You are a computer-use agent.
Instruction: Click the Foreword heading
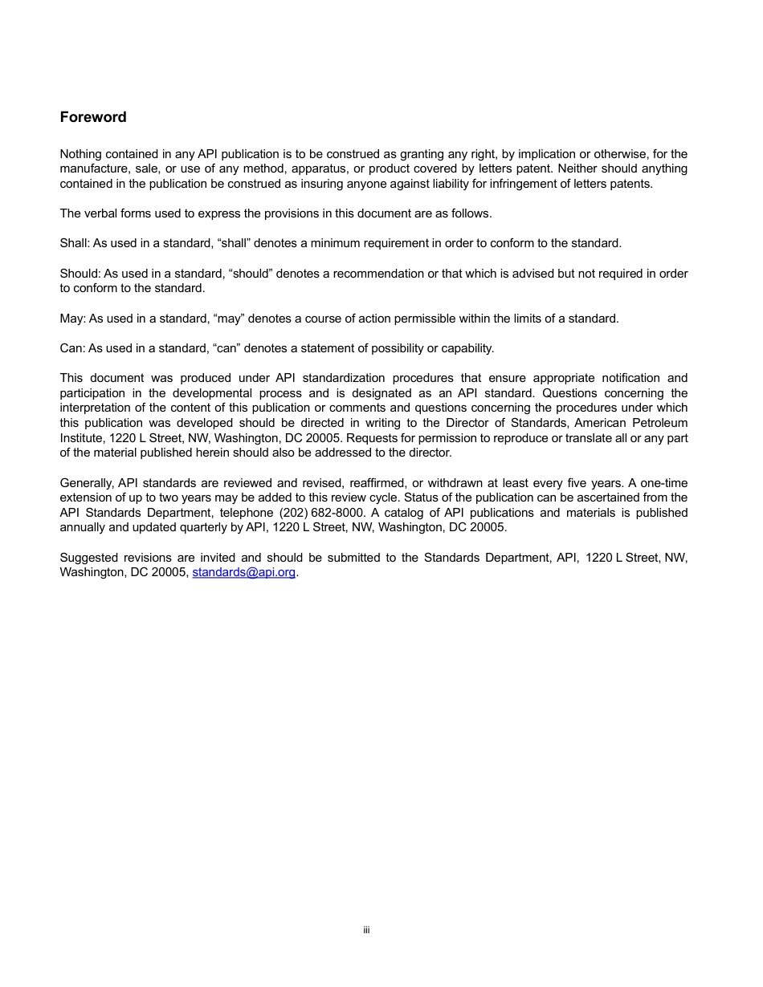93,117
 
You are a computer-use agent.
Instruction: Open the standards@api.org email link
244,572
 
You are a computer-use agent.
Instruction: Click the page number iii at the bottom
366,930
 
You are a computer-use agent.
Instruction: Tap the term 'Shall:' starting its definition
75,243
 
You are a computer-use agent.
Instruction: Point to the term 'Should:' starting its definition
80,274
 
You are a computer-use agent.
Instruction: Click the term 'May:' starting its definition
72,319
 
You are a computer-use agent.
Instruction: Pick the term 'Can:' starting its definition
71,348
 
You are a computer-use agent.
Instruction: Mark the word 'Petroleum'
660,423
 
